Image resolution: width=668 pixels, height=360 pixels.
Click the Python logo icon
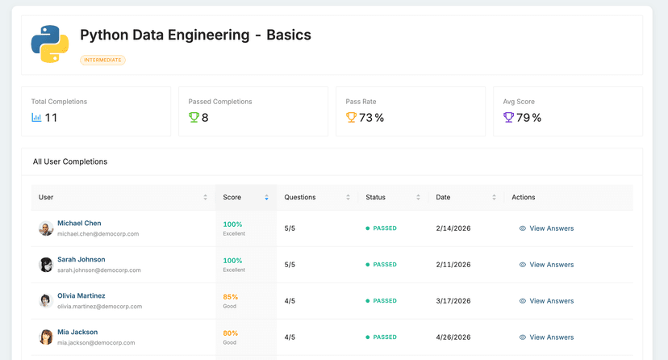[50, 44]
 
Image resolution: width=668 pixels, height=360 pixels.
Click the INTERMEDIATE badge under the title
[102, 60]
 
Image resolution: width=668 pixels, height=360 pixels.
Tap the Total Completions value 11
[51, 118]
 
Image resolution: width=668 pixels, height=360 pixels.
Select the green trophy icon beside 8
[194, 118]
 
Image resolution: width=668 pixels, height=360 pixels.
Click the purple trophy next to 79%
[508, 118]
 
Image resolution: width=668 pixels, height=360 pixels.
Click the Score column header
[232, 197]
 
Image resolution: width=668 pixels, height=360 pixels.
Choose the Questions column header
[300, 197]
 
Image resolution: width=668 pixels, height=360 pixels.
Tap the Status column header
[375, 197]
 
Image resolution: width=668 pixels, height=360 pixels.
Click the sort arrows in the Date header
[494, 197]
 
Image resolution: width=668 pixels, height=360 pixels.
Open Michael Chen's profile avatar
[46, 228]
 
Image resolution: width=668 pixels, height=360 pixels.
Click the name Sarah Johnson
[81, 260]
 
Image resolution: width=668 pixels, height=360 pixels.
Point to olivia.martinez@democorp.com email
[99, 307]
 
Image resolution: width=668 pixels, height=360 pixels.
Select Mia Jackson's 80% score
[230, 333]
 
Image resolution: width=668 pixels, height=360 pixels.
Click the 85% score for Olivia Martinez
[230, 296]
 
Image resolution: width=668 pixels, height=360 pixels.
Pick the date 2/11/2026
[453, 265]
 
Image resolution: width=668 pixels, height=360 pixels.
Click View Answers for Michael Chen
[546, 228]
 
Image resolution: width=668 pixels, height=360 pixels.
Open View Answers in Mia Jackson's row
[546, 337]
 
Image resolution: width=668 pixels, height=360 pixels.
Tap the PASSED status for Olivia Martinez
[382, 301]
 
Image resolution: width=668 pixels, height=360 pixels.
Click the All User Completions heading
[70, 161]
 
